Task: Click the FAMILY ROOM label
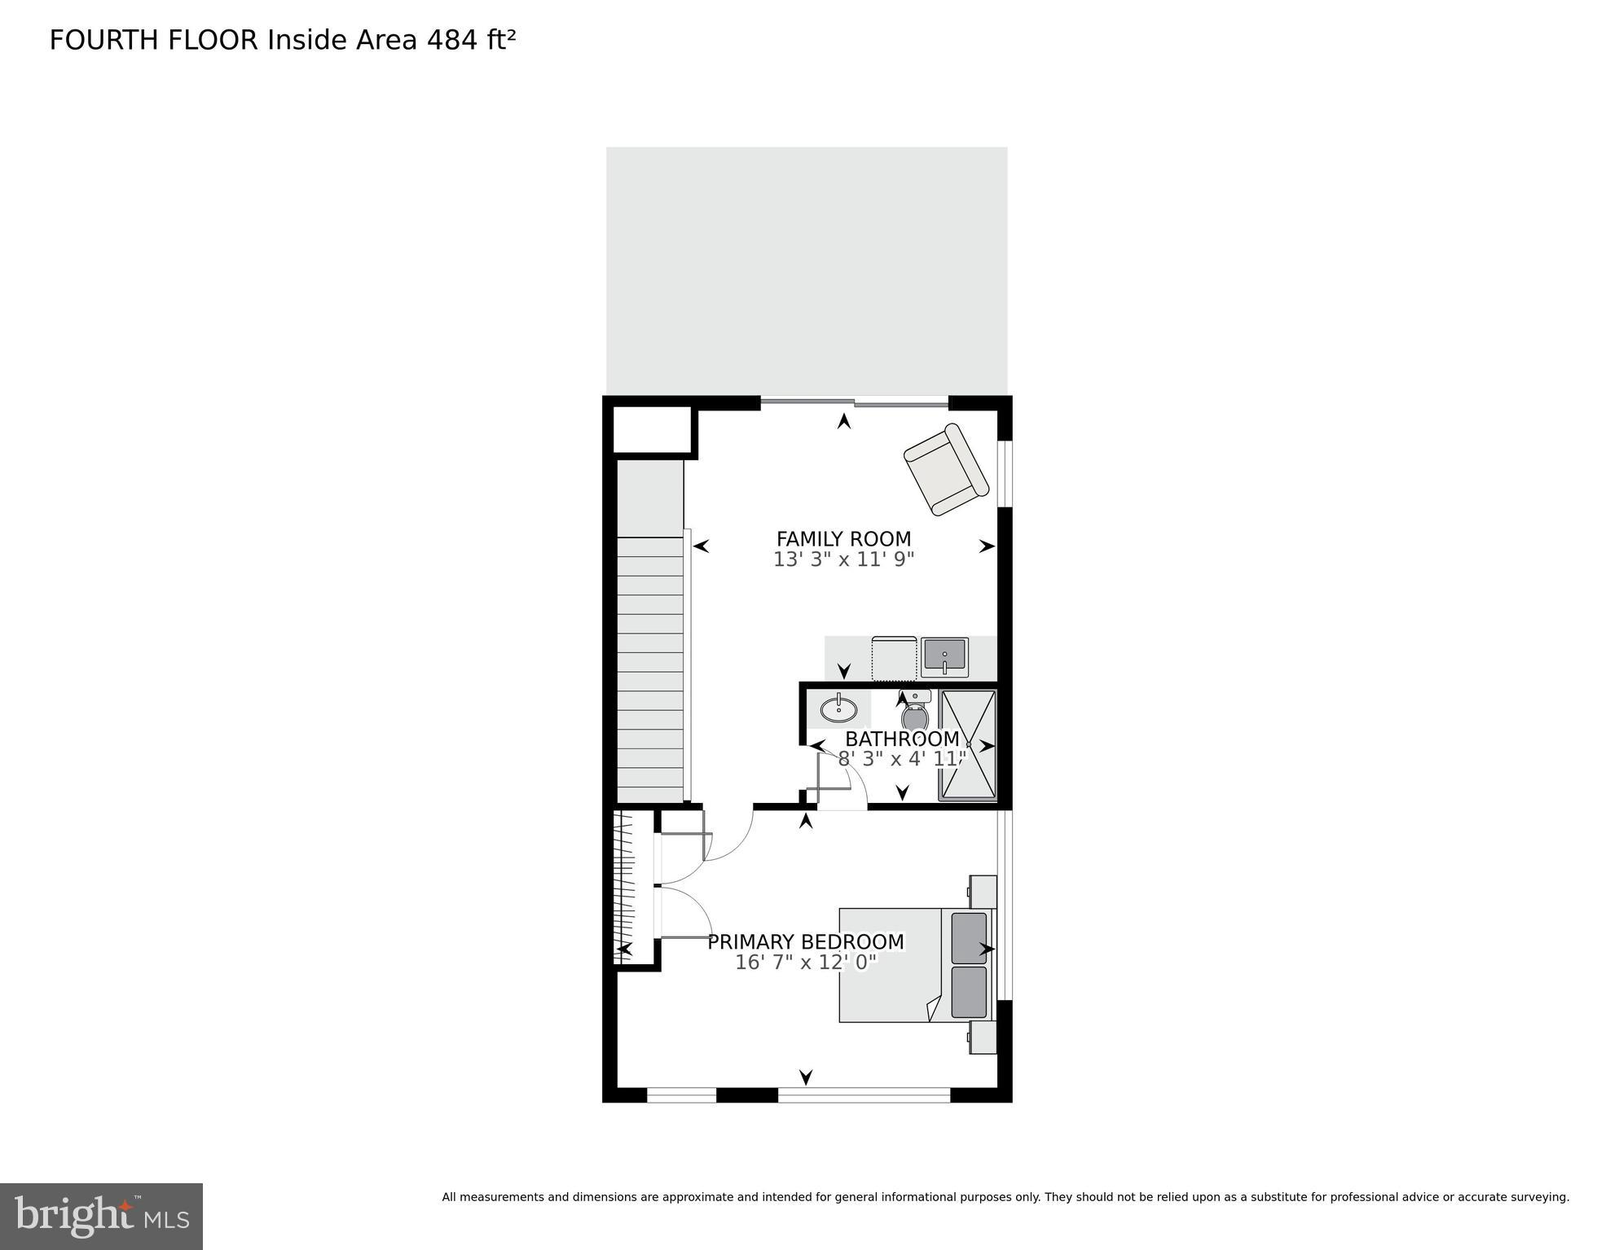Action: (x=843, y=539)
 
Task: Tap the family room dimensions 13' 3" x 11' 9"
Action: (x=843, y=560)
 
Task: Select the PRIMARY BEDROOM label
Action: (x=805, y=942)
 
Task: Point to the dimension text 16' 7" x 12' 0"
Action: (x=805, y=963)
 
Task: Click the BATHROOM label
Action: (x=901, y=739)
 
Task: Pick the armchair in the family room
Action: (x=946, y=470)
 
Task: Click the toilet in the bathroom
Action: (x=915, y=714)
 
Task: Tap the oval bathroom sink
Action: (x=838, y=709)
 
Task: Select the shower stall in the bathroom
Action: (x=967, y=745)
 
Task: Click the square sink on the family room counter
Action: (x=944, y=657)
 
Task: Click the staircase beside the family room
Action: (x=649, y=668)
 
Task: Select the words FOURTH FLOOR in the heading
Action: (x=153, y=41)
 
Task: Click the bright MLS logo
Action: (x=101, y=1216)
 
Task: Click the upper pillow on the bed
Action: (x=969, y=938)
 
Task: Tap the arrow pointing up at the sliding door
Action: (x=844, y=421)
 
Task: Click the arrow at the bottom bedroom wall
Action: (x=806, y=1077)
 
